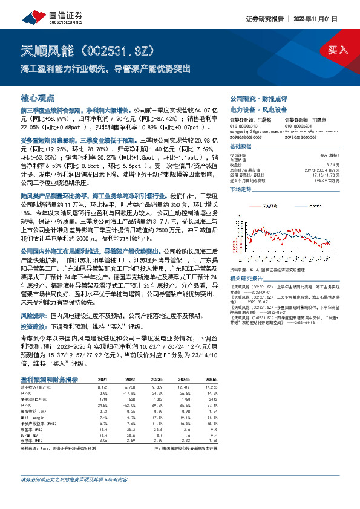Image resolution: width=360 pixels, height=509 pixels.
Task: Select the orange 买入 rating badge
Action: pyautogui.click(x=338, y=50)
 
